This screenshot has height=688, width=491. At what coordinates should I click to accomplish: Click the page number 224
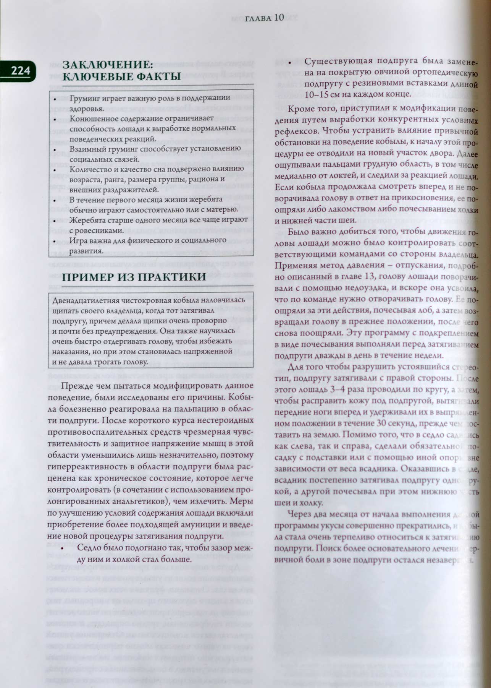click(x=20, y=71)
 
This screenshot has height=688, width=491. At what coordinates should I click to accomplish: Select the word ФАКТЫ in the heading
click(x=153, y=76)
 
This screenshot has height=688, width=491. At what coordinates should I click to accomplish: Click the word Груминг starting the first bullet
click(x=83, y=99)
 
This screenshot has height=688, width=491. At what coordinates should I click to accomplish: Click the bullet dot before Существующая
click(x=290, y=63)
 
